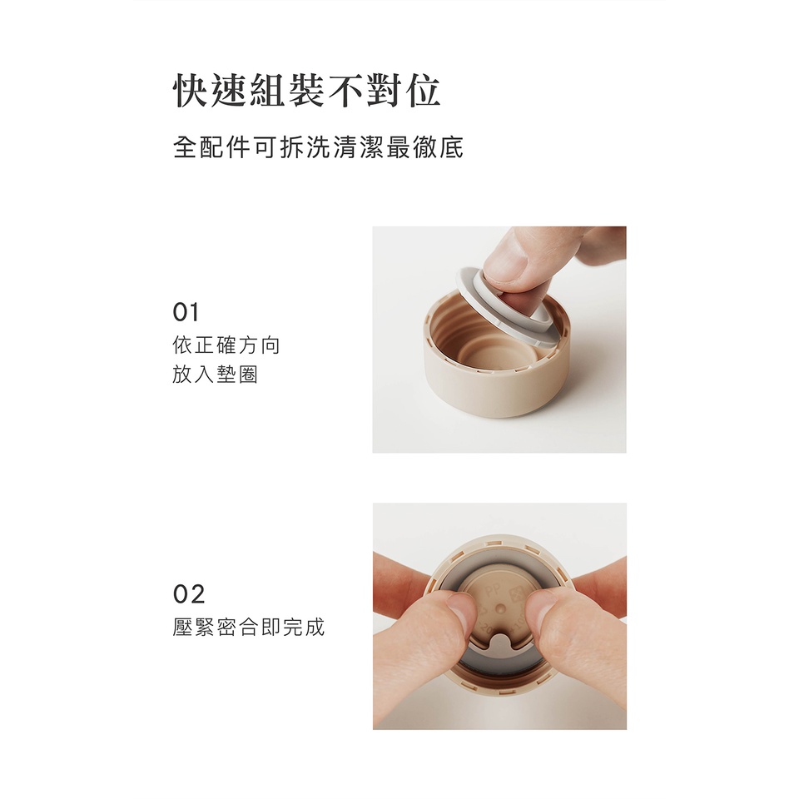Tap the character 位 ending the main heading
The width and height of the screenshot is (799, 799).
(423, 92)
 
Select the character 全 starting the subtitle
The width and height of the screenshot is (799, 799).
(186, 148)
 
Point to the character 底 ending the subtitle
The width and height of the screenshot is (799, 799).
(451, 148)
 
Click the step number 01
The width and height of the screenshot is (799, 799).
(186, 312)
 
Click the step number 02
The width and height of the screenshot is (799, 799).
(189, 594)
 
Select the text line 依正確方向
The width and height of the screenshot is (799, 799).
(226, 345)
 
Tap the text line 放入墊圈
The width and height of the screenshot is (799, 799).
(215, 375)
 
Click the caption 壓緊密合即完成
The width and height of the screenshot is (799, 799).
(248, 627)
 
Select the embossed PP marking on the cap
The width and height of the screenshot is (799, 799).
(494, 592)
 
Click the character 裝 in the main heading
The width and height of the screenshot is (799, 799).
(307, 92)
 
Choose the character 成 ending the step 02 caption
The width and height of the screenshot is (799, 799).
(314, 627)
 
